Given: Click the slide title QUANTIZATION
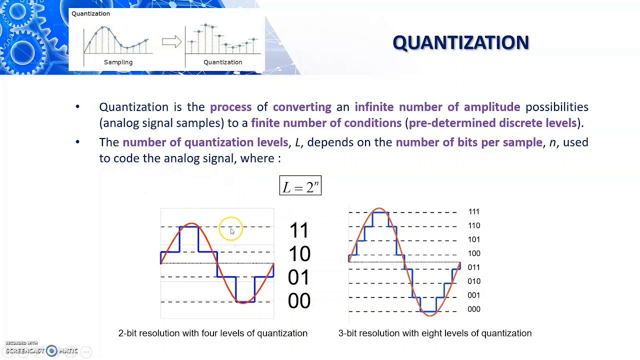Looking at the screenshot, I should point(460,43).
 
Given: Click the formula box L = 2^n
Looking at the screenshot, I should point(300,186).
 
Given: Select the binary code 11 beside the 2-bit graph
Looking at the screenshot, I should point(299,230).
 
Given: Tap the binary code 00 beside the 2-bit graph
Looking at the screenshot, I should point(299,301).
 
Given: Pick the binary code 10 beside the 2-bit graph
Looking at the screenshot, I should point(299,254).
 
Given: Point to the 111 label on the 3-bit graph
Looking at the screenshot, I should point(473,212).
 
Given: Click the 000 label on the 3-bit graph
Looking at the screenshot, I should point(473,309).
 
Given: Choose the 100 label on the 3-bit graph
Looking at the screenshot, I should point(473,253).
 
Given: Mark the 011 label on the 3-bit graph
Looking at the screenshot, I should point(473,267).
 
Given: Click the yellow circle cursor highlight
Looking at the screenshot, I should point(230,229).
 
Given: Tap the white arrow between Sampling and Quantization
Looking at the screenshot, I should point(171,42).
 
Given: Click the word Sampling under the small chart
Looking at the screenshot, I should point(118,62).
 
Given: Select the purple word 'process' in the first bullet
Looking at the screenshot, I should point(230,107).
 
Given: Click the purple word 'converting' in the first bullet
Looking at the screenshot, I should point(302,107).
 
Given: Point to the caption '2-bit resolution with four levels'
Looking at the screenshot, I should point(212,333).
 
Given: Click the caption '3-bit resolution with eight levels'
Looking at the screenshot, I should point(434,333).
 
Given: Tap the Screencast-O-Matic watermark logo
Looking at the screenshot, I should point(51,351).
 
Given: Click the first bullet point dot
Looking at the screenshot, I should point(77,107).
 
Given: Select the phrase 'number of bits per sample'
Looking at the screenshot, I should point(468,142).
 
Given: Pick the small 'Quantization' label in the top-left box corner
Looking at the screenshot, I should point(90,14).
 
